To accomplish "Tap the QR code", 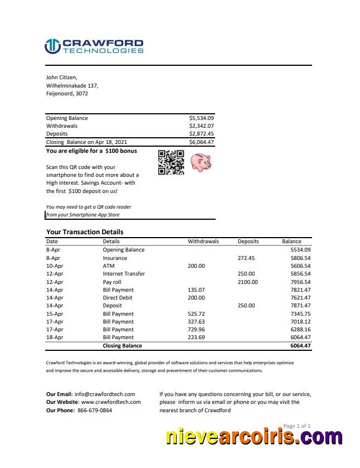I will (x=171, y=163).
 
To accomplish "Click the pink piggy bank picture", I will (x=200, y=162).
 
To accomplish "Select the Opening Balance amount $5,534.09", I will (x=201, y=118).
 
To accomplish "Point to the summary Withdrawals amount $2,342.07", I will (x=201, y=126).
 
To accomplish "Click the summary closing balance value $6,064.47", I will (x=201, y=142).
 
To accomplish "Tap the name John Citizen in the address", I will (x=61, y=78).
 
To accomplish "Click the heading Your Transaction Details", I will (x=85, y=232).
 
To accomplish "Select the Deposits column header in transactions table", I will (x=248, y=242).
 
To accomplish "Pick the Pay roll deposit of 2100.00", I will (x=248, y=282).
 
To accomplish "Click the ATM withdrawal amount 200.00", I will (x=196, y=266).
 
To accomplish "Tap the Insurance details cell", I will (x=115, y=258).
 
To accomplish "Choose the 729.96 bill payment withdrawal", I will (x=196, y=330).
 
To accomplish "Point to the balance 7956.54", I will (x=300, y=282).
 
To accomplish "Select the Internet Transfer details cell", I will (x=124, y=274).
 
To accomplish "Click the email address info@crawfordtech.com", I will (x=104, y=394).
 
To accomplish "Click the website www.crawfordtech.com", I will (x=110, y=402).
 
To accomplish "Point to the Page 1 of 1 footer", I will (x=296, y=426).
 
